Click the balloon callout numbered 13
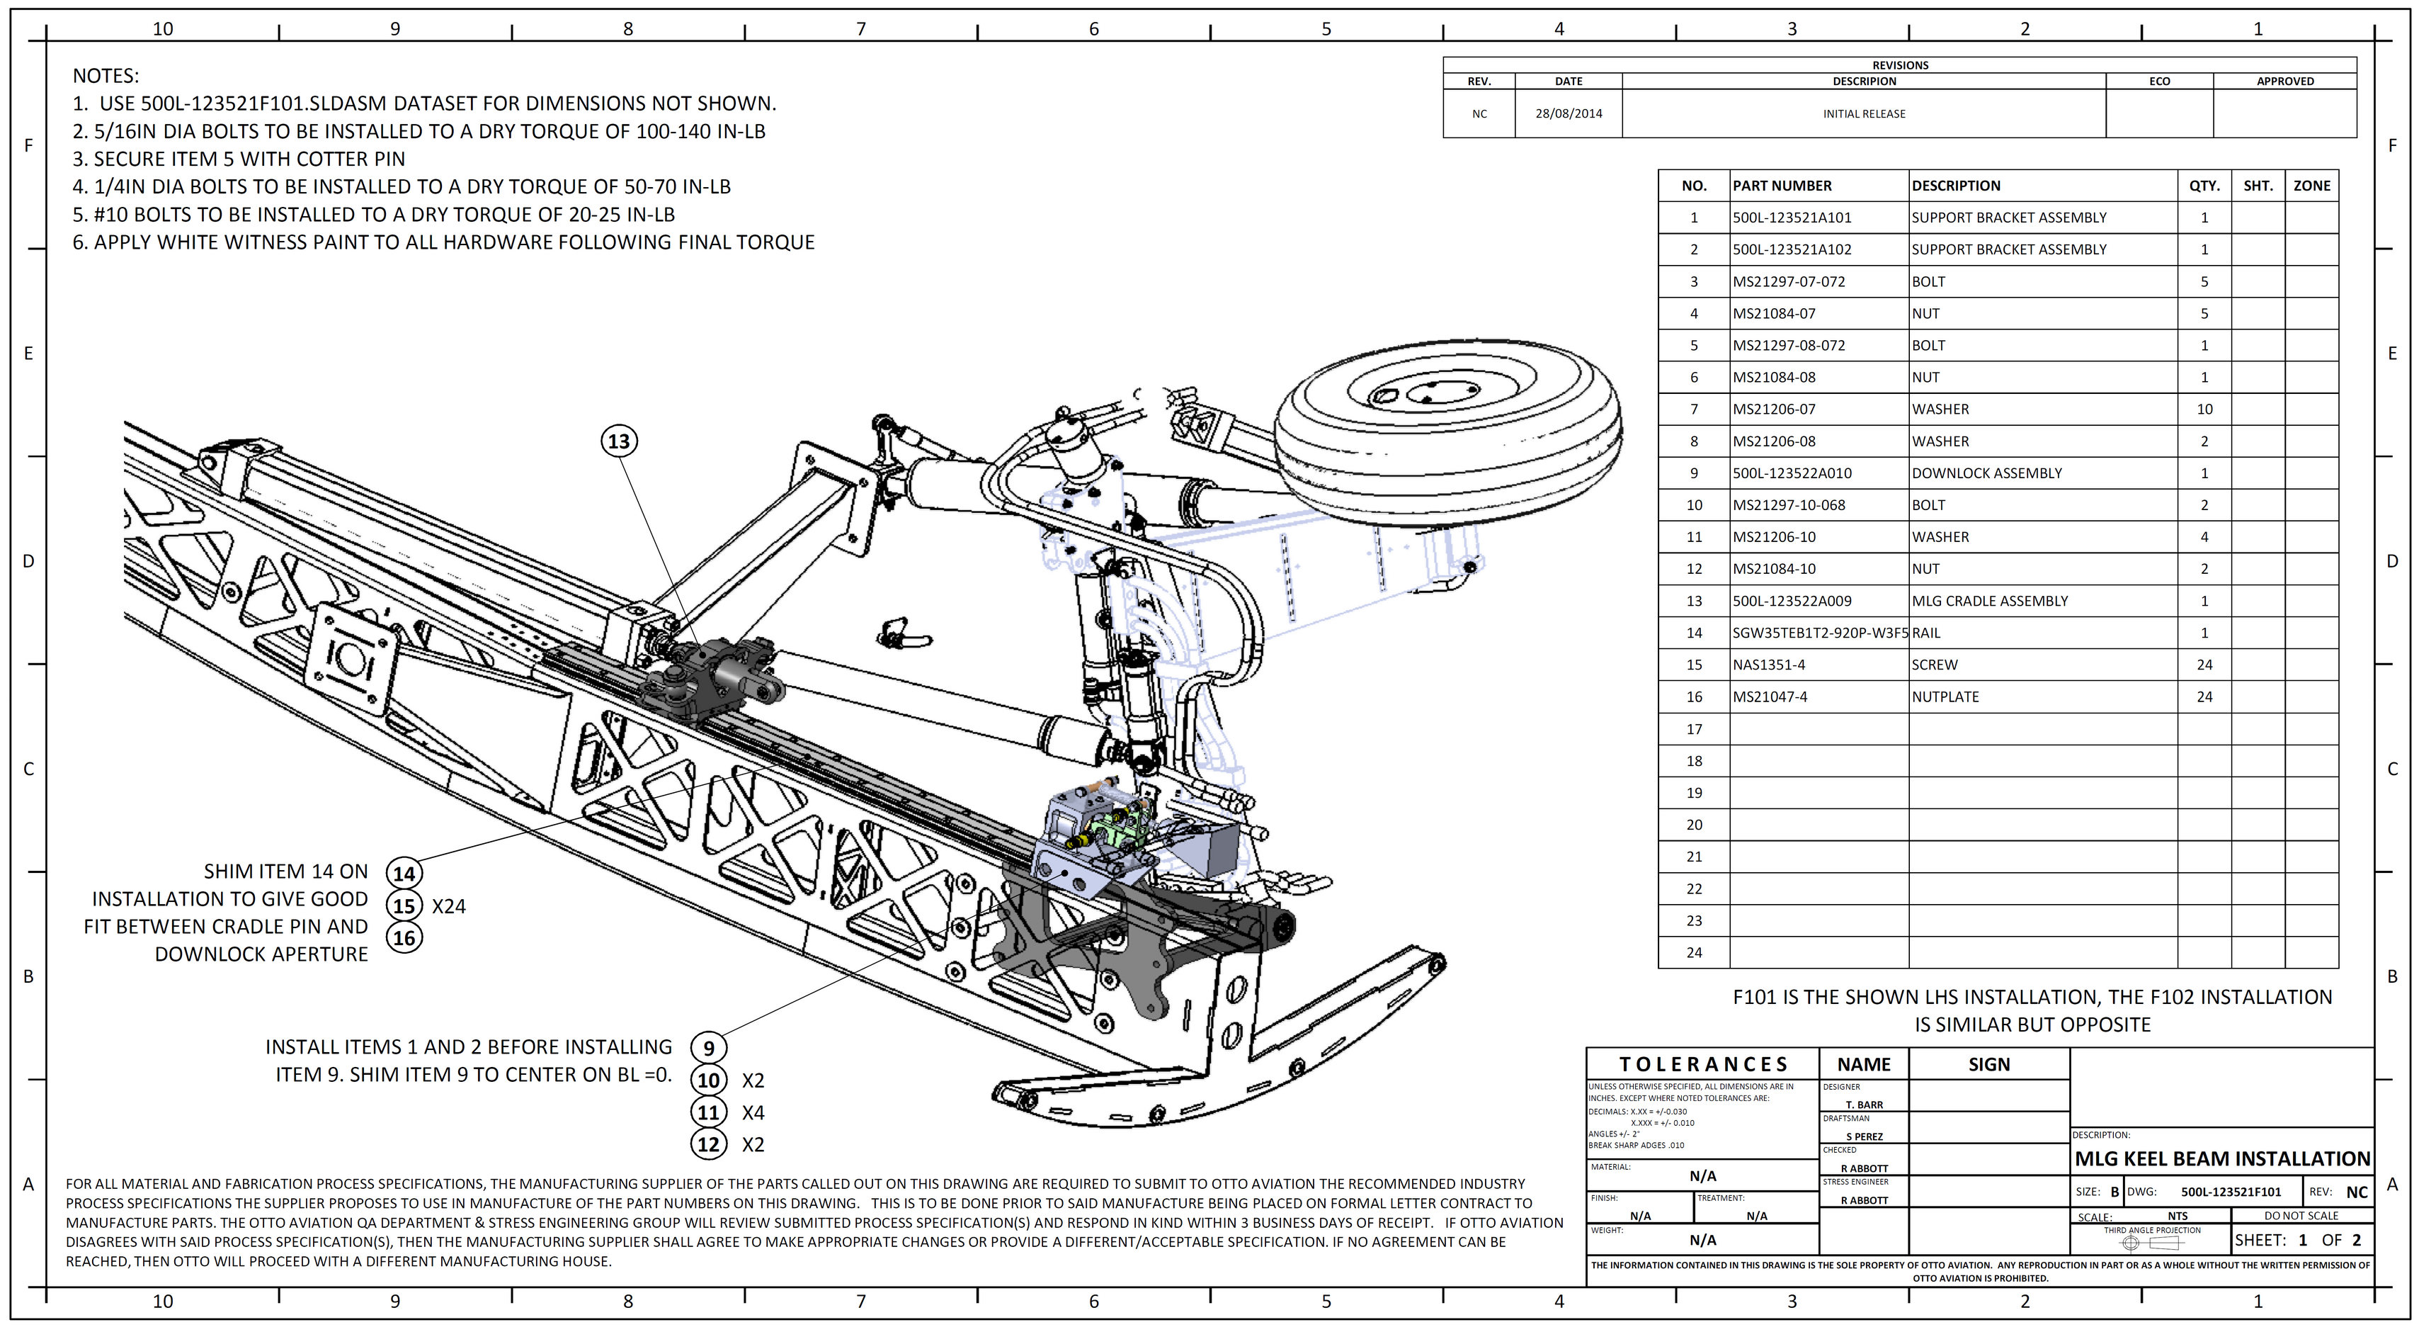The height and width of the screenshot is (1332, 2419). click(619, 441)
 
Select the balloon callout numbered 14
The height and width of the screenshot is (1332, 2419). click(404, 874)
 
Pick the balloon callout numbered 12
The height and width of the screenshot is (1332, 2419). click(709, 1144)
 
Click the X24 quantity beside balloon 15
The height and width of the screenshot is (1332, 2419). click(449, 906)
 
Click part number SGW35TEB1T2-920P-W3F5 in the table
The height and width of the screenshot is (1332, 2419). click(1819, 633)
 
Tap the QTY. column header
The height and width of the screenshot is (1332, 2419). click(2204, 186)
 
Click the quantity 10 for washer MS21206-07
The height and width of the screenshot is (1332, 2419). click(2204, 410)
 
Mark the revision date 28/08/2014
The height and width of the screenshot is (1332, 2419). click(1569, 113)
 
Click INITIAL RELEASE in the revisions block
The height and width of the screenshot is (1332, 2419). click(1864, 113)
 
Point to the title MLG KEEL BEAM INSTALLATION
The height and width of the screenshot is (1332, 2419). click(2222, 1159)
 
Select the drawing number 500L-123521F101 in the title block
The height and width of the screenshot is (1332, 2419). click(2230, 1192)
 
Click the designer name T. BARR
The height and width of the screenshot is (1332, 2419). click(1864, 1105)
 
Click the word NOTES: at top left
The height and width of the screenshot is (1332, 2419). click(106, 76)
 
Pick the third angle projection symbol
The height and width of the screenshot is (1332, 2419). click(2151, 1243)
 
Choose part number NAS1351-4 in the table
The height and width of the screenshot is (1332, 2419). click(1768, 665)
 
